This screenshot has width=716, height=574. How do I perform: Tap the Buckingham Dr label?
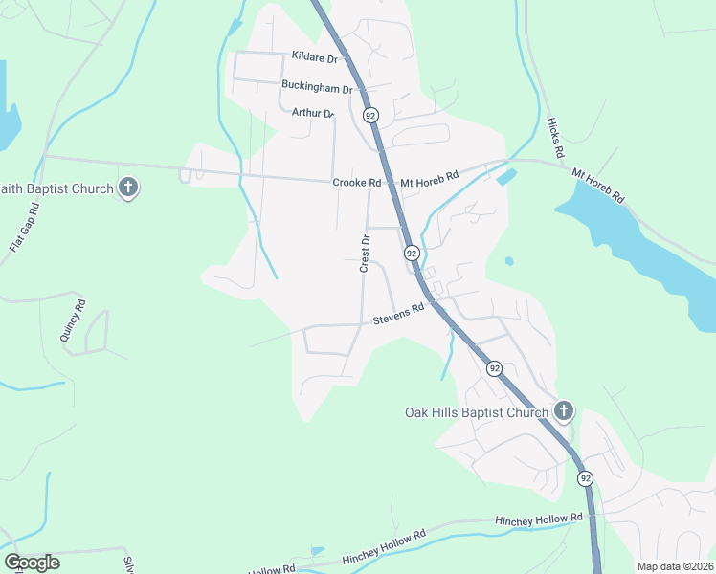point(317,85)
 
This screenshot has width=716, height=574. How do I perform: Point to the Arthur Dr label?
point(313,113)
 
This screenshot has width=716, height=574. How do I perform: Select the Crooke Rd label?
point(357,183)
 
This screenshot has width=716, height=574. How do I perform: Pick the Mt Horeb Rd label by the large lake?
point(598,186)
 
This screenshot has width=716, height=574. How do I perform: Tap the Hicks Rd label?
point(555,138)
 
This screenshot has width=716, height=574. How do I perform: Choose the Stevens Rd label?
point(398,315)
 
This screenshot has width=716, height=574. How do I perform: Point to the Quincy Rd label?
point(73,320)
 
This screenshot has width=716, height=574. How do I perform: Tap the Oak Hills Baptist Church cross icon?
point(564,412)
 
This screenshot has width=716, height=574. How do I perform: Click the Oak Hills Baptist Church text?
point(476,413)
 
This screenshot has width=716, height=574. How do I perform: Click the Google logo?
point(32,563)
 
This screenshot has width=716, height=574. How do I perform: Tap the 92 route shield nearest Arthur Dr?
point(370,115)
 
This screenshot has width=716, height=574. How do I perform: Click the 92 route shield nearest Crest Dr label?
point(412,253)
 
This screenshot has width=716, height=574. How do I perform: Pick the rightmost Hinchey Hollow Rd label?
point(539,519)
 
